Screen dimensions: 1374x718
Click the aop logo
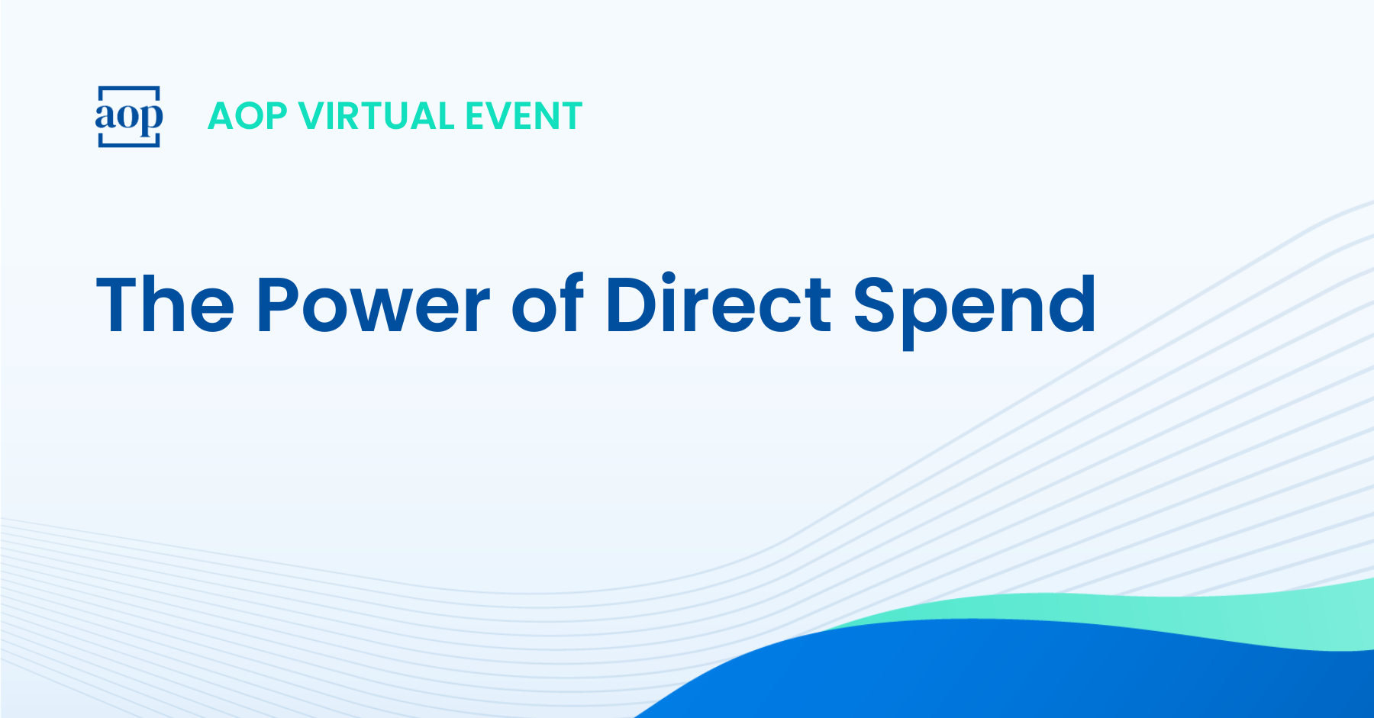click(129, 116)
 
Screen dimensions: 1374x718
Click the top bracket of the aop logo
click(129, 88)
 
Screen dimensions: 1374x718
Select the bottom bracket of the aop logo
click(129, 144)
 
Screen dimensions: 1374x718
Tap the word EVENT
click(524, 116)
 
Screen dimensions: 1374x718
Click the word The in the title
click(166, 304)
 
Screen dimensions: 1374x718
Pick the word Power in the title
click(373, 304)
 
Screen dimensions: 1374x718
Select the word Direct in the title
click(718, 303)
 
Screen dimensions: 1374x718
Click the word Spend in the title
click(975, 309)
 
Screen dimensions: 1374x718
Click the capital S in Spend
click(876, 304)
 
